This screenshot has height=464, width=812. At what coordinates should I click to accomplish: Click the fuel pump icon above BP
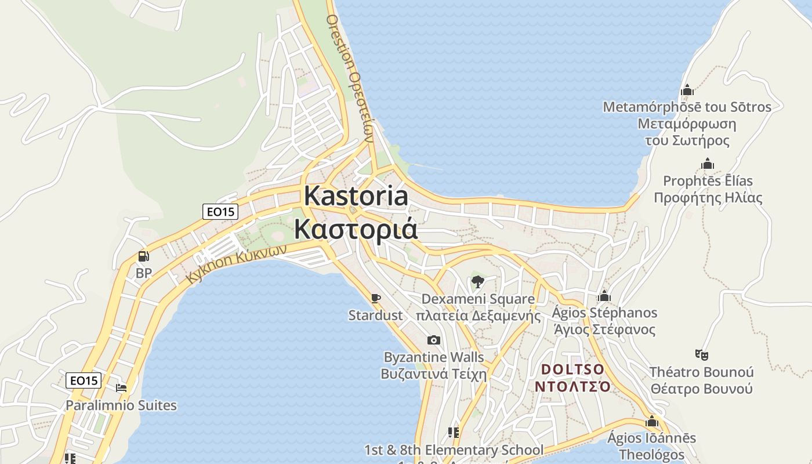point(143,256)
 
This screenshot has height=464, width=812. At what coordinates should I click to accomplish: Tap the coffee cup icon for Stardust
point(376,298)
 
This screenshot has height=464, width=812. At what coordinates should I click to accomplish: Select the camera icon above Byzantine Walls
point(433,340)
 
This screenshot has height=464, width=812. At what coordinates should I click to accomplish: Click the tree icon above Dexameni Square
point(477,282)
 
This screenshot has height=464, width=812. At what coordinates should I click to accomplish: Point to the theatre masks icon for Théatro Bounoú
point(701,354)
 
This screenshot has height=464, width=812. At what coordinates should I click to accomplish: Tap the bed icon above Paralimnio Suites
point(121,387)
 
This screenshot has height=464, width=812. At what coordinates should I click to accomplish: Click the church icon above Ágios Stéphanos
point(604,296)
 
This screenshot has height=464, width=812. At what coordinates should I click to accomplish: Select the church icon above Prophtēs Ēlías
point(708,164)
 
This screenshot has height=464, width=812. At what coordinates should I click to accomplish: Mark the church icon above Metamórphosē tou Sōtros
point(687,90)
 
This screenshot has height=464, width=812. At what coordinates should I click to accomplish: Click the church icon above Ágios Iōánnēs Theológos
point(652,421)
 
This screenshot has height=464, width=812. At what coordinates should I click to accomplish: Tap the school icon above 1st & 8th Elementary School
point(454,433)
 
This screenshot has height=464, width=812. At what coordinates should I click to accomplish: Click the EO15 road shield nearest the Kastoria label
point(221,212)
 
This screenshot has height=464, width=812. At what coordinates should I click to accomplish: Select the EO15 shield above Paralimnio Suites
point(84,380)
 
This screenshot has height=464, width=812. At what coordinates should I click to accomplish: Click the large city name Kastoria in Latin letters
point(356,196)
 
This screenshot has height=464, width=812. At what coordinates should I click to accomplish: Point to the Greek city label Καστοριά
point(356,229)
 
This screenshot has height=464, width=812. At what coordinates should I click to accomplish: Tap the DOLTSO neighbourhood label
point(572,369)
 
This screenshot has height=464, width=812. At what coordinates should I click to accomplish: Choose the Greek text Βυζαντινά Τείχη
point(433,374)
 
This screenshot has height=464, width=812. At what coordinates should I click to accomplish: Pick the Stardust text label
point(375,316)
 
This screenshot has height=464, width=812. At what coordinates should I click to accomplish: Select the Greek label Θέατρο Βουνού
point(701,389)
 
